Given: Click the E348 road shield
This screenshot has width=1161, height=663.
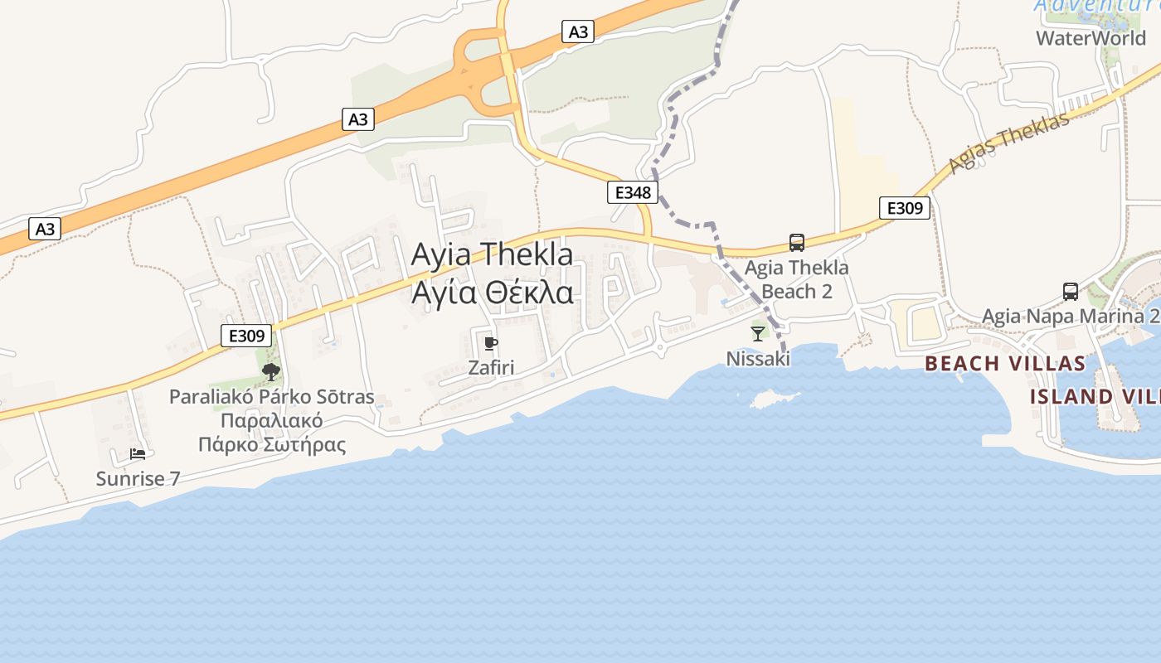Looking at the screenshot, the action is coord(632,193).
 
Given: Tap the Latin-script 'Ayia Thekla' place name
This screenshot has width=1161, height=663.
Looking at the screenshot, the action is coord(492,254).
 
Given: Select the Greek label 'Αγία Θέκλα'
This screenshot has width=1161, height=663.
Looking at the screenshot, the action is coord(492,293).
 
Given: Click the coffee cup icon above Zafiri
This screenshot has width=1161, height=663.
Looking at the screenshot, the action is coord(490,343).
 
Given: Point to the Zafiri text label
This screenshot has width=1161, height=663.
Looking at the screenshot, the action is coord(491,367).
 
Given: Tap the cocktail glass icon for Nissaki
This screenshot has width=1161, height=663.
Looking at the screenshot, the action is coord(758,334).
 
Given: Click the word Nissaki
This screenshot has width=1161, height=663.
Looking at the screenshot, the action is coord(758,358).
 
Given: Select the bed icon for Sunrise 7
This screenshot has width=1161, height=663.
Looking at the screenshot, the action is coord(138,454).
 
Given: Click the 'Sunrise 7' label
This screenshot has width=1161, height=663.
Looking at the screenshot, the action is coord(138,478).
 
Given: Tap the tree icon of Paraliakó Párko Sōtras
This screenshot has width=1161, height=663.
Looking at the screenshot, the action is coord(270,372).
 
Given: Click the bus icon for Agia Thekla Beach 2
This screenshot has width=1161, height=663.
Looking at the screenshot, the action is coord(797,243).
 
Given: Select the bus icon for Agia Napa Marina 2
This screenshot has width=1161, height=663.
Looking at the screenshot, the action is coord(1071,292).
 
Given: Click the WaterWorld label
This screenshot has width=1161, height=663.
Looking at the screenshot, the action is coord(1091,37).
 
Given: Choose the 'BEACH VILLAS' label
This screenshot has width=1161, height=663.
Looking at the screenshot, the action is coord(1004,363).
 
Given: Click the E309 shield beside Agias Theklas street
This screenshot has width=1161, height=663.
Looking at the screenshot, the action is coord(905,208).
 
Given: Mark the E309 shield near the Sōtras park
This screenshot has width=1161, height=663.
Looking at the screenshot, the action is coord(247,336).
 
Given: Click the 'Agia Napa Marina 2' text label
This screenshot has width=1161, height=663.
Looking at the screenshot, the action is coord(1071,316).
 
